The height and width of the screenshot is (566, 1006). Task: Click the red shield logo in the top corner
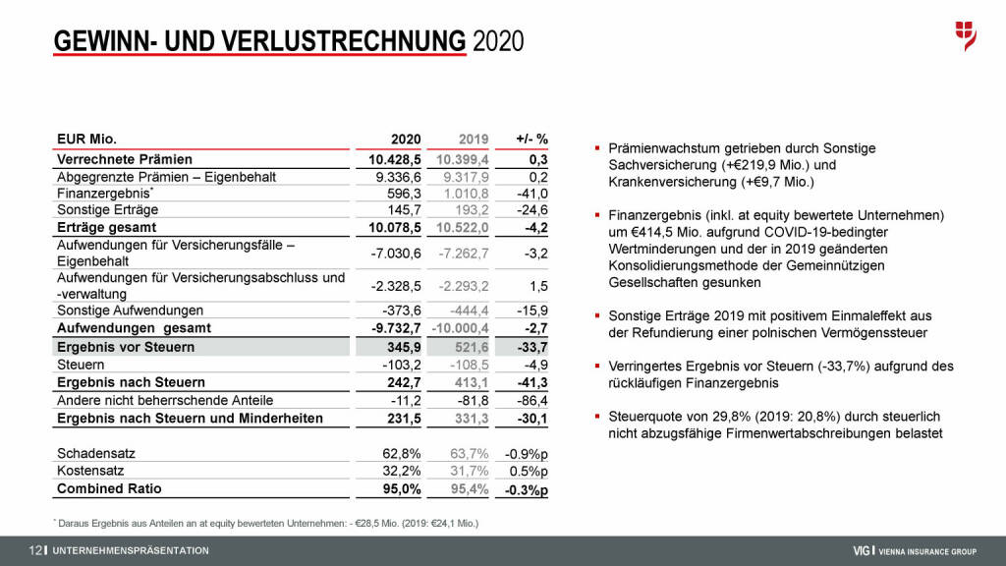coord(966,35)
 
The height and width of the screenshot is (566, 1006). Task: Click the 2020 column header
coord(406,140)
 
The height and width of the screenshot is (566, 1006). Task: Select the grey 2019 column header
coord(475,140)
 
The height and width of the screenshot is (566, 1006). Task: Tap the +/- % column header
coord(531,140)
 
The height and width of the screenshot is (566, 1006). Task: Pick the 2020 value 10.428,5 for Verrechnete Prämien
coord(395,159)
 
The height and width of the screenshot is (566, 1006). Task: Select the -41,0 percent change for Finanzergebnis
coord(531,194)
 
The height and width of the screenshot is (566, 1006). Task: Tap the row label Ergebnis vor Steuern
coord(126,347)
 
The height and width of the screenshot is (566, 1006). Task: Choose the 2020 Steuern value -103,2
coord(401,365)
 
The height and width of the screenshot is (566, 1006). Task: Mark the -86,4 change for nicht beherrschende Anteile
coord(531,400)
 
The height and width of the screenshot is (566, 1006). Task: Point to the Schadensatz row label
coord(96,454)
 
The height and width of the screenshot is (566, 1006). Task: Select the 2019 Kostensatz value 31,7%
coord(471,472)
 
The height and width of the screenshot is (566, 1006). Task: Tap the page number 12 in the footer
coord(36,550)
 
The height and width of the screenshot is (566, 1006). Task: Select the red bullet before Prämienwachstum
coord(597,148)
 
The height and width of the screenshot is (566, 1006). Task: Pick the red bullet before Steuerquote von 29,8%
coord(597,417)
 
